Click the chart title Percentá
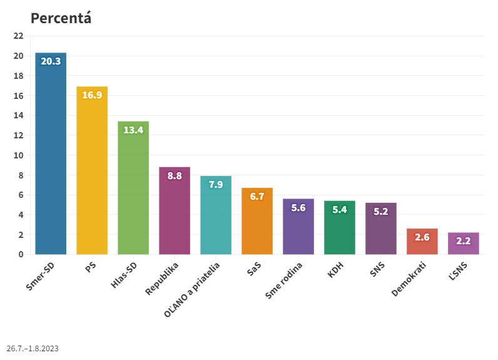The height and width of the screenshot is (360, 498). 61,18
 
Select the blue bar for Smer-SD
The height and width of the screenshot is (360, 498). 51,157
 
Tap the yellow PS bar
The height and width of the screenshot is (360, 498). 92,172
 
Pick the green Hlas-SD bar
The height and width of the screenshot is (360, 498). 133,188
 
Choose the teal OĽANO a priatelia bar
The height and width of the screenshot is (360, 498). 216,216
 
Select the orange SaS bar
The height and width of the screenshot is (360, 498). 257,222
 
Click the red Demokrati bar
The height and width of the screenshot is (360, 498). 422,242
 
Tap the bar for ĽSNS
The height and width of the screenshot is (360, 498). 464,244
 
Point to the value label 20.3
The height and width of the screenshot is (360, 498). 51,61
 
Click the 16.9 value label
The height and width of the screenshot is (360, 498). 92,95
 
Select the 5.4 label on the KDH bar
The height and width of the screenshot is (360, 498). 340,210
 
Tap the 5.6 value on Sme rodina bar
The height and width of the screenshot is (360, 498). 298,208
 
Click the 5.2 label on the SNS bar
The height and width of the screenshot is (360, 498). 381,212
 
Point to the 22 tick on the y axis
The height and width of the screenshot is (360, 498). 18,36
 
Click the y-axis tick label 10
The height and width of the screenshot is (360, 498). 18,155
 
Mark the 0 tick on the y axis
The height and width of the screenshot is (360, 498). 21,254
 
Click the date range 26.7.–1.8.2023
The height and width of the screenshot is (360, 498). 33,348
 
